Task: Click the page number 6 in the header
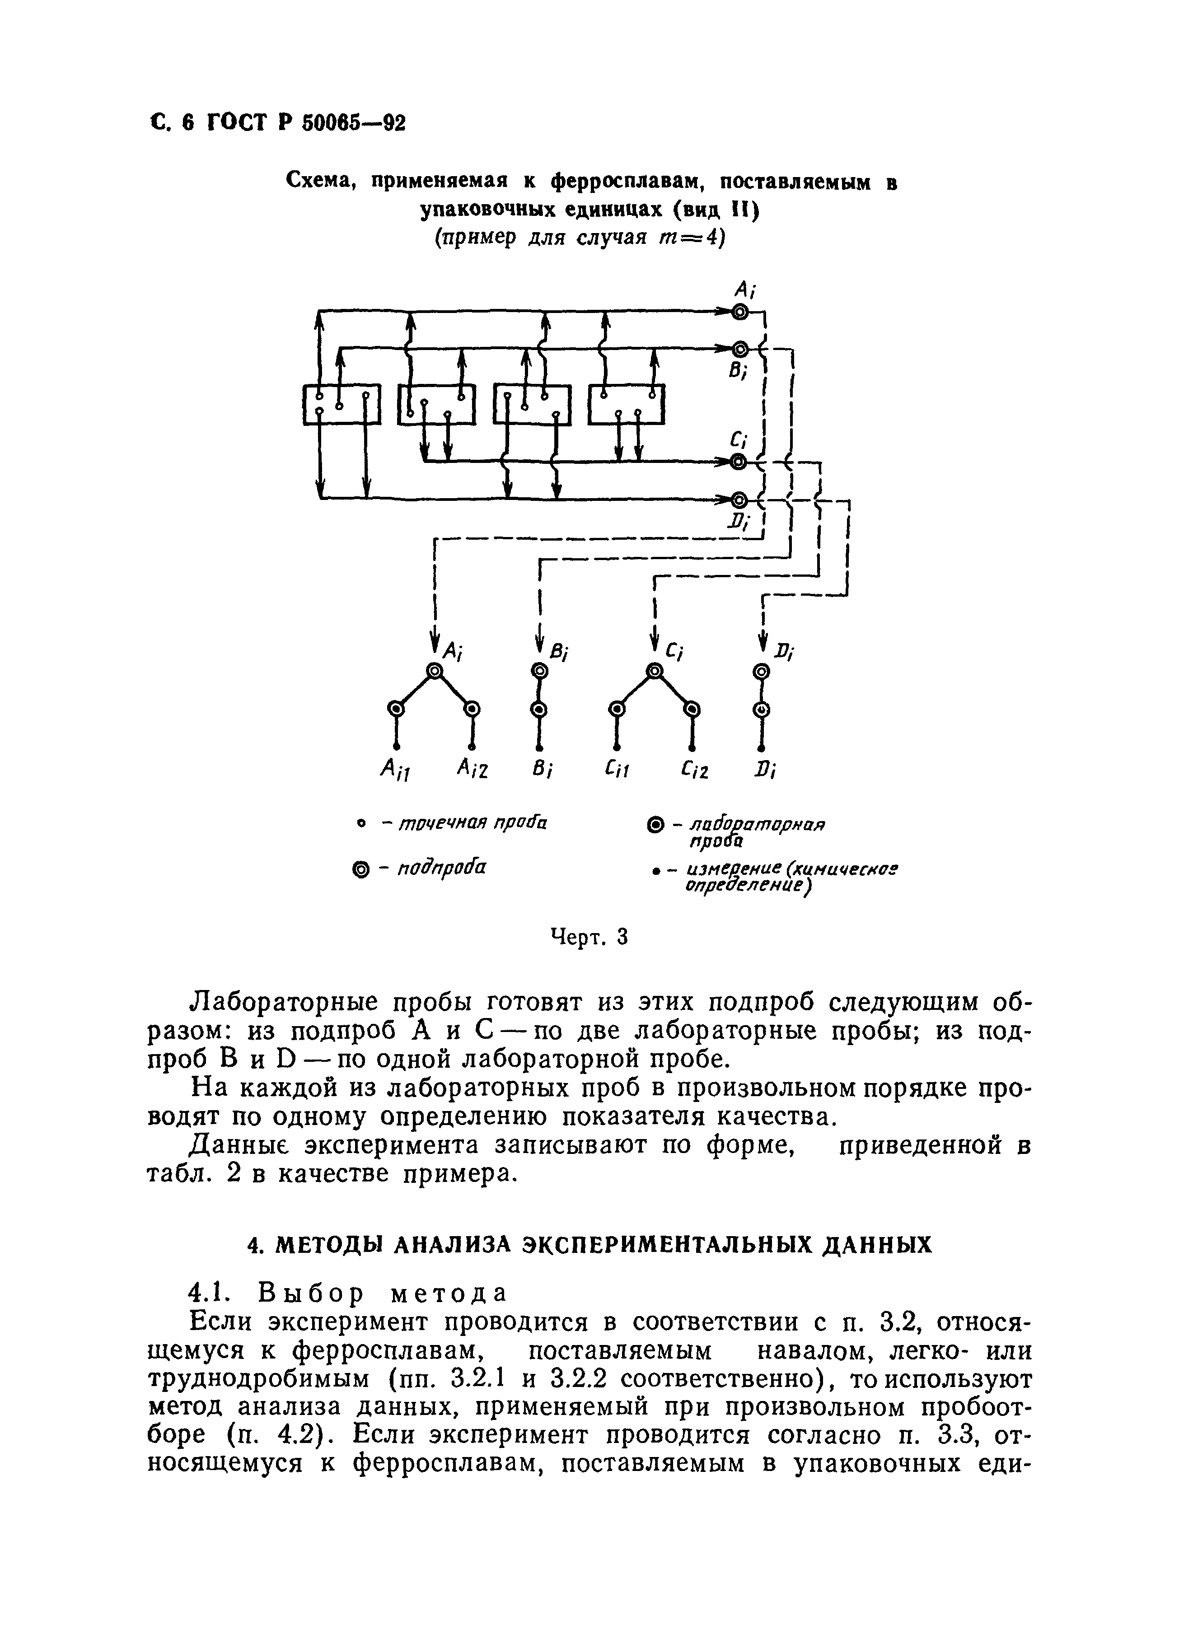pos(188,122)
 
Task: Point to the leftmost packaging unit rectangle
pos(341,405)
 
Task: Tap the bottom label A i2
pos(473,770)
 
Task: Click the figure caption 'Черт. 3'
pos(589,936)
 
